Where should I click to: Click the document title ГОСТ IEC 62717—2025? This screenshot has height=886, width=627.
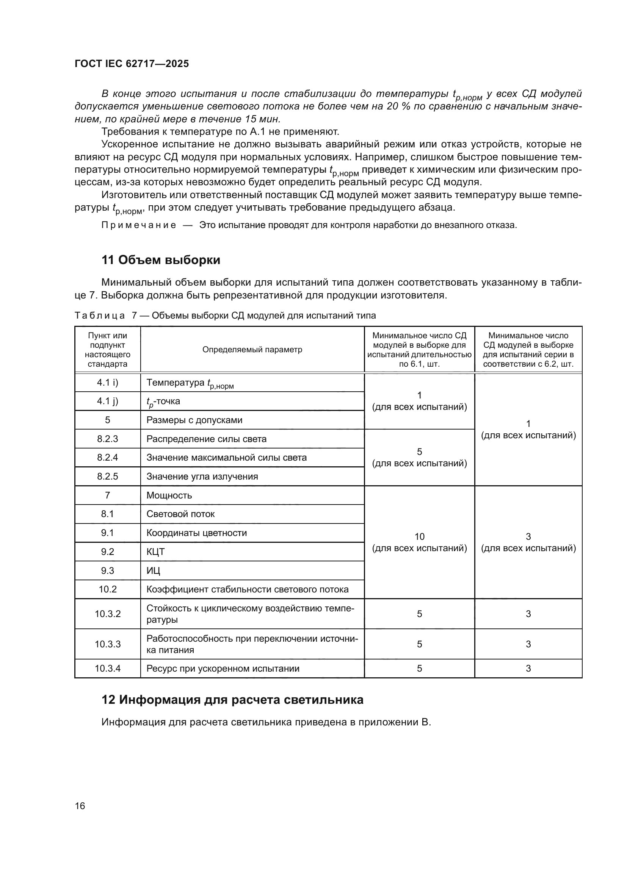132,64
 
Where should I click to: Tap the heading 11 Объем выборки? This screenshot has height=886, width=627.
161,260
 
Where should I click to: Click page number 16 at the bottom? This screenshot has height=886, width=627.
80,806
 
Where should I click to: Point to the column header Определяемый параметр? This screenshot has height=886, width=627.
252,350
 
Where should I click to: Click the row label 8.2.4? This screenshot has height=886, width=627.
107,458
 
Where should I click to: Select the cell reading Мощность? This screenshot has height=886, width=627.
169,495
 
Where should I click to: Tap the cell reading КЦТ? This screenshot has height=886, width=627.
155,552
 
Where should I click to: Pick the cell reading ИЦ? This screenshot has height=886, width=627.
153,571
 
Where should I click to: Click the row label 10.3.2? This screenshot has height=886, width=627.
108,614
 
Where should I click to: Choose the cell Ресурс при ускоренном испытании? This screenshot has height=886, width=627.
223,669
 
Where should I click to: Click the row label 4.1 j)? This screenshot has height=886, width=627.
107,401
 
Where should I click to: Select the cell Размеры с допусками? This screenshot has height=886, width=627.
194,420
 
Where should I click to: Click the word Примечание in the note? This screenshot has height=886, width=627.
139,225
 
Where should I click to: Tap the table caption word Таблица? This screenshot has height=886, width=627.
100,316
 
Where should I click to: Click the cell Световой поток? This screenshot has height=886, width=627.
180,514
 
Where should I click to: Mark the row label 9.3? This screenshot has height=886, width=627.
107,571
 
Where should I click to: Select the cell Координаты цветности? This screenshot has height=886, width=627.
196,533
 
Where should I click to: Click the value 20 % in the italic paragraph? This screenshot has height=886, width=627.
398,106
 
